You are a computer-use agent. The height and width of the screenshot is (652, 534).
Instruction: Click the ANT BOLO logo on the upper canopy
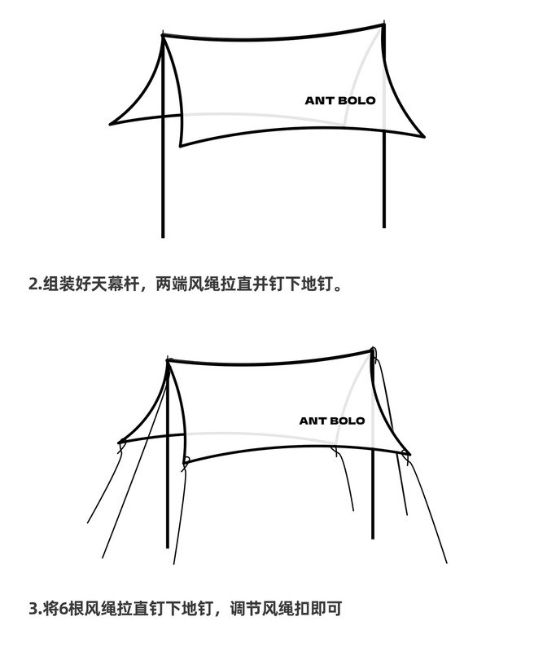[340, 101]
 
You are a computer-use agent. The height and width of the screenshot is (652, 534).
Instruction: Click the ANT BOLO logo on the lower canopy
[332, 421]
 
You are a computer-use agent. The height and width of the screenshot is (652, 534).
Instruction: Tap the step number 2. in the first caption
[35, 285]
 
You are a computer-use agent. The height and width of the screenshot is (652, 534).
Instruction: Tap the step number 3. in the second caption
[35, 608]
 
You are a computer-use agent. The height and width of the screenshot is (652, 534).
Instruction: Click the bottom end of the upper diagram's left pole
[163, 236]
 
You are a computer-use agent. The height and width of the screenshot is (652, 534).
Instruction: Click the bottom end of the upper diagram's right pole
[384, 227]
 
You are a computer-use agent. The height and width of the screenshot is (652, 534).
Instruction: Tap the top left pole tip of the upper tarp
[164, 35]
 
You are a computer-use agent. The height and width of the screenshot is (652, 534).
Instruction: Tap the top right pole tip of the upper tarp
[383, 24]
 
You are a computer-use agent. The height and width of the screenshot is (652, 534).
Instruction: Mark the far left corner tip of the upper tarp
[112, 122]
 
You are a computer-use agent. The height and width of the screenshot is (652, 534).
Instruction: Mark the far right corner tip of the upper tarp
[423, 136]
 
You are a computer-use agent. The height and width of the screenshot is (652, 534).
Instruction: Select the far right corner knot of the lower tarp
[407, 454]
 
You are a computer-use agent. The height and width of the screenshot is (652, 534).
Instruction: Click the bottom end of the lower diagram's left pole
[168, 547]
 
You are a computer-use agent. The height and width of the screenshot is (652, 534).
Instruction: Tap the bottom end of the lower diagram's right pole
[374, 538]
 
